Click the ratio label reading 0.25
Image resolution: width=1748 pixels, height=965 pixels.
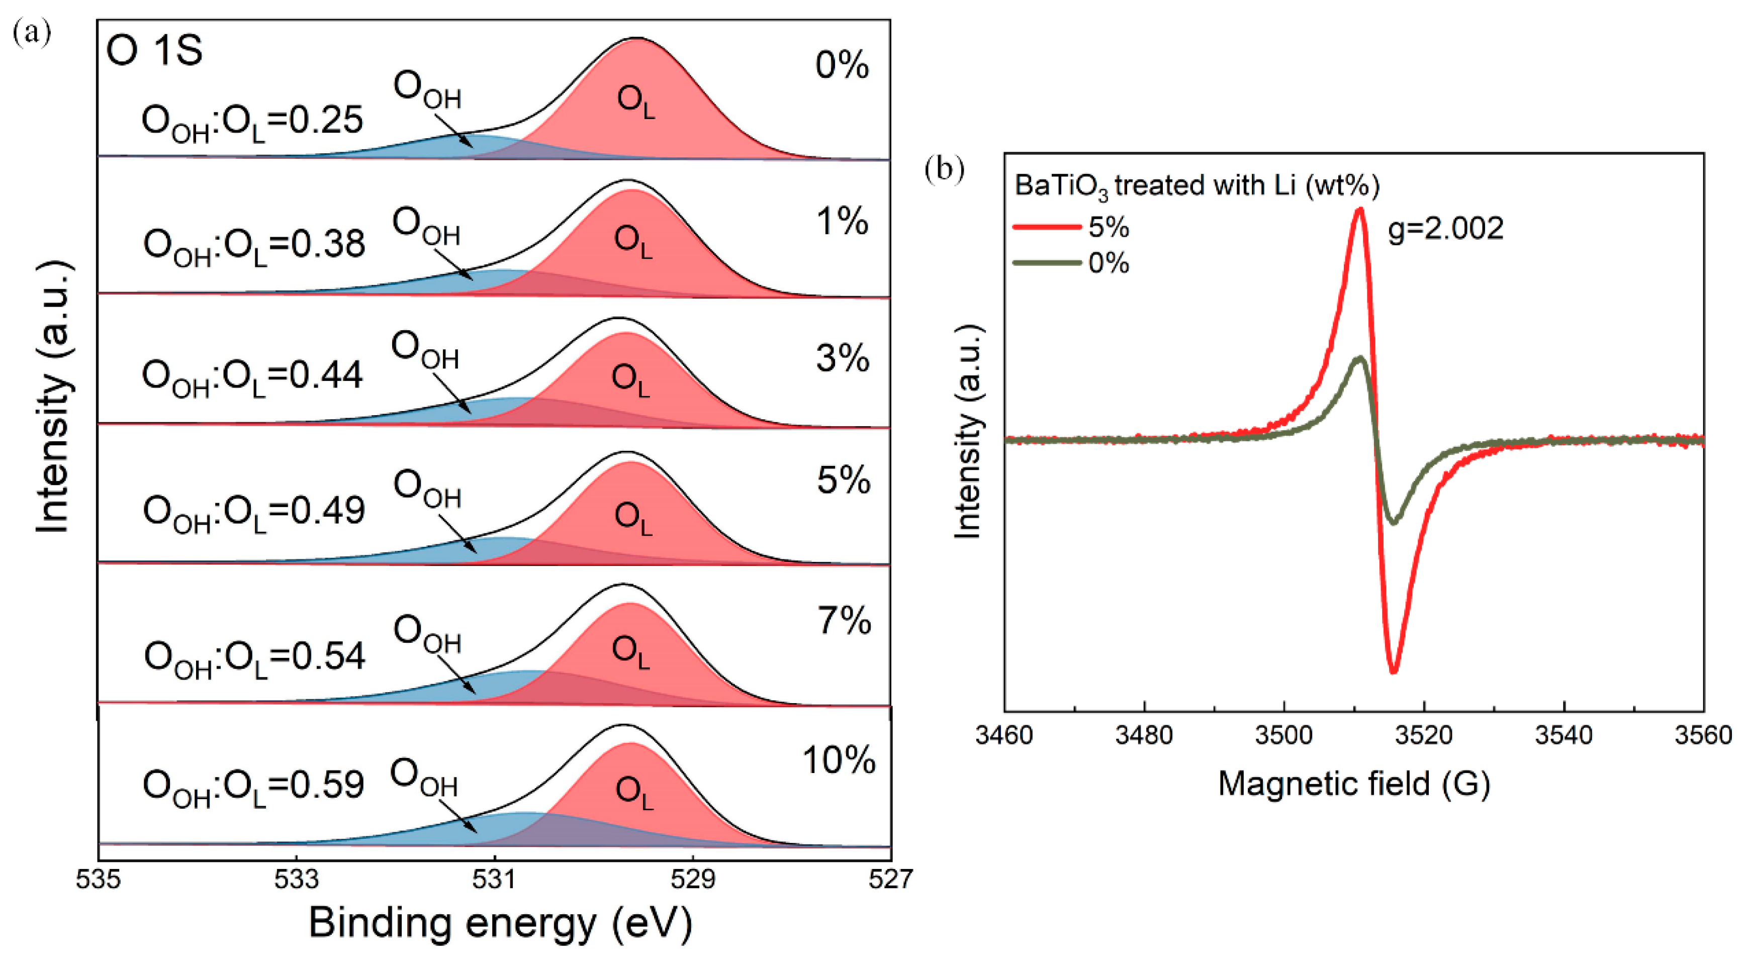click(252, 122)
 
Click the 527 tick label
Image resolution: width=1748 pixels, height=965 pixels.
click(890, 880)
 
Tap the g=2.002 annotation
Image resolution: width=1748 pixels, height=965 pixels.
click(1445, 229)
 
